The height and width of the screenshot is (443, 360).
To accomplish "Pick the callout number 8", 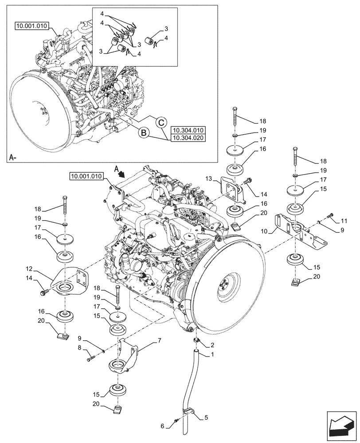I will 80,348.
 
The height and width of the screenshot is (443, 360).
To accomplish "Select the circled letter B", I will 143,132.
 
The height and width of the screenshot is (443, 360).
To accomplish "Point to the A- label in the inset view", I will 13,157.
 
